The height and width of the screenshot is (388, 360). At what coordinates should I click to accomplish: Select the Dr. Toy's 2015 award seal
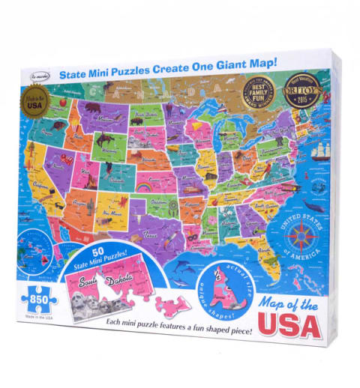tap(299, 99)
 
